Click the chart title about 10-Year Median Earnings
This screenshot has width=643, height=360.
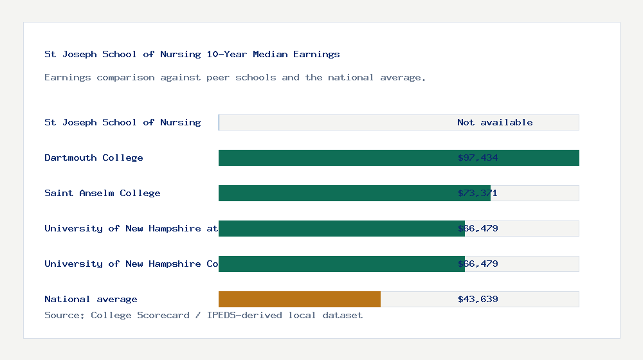[x=192, y=55]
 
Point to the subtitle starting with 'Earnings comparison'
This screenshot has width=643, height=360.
[x=235, y=78]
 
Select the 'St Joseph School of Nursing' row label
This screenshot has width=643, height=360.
[x=122, y=122]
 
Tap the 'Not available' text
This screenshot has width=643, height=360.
[x=494, y=122]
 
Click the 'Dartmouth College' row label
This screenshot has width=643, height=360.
[x=94, y=157]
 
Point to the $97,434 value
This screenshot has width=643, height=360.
[x=478, y=157]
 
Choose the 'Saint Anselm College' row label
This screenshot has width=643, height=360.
[x=102, y=193]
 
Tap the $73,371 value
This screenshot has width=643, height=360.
[x=478, y=193]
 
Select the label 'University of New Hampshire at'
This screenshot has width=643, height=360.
[x=131, y=228]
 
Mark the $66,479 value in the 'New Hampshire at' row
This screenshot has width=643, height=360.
[x=478, y=228]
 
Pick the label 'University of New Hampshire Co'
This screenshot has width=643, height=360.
[x=131, y=264]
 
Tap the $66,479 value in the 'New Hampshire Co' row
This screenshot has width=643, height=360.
[x=478, y=264]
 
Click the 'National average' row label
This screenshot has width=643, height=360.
[x=91, y=299]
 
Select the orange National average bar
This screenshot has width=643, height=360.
[x=299, y=299]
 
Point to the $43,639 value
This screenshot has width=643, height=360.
[x=478, y=299]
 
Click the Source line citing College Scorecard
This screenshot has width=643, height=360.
[x=203, y=315]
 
